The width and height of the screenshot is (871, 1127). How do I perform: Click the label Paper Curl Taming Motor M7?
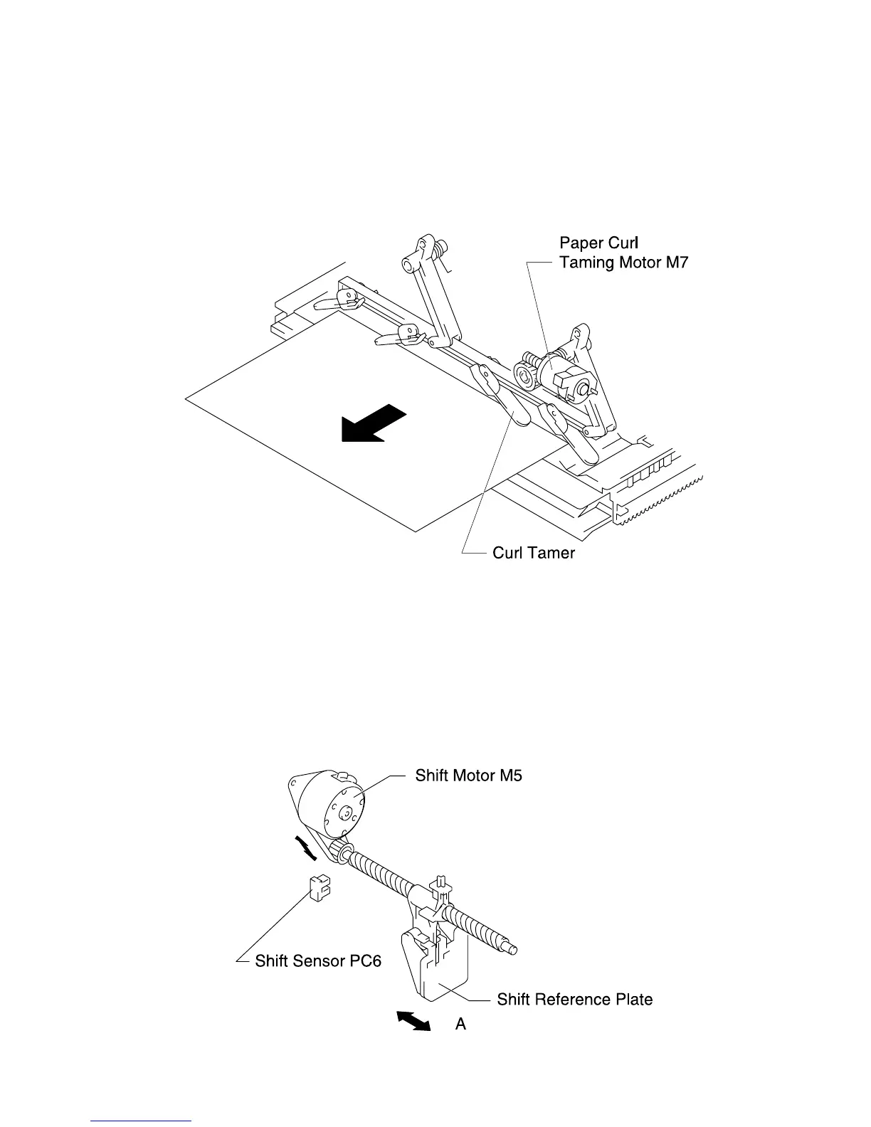pyautogui.click(x=623, y=253)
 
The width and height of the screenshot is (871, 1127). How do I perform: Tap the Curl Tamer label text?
pyautogui.click(x=533, y=553)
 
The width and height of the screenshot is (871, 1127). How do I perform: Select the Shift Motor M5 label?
pyautogui.click(x=468, y=776)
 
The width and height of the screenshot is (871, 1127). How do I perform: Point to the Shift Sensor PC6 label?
pyautogui.click(x=318, y=961)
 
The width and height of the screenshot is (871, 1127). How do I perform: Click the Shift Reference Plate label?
pyautogui.click(x=574, y=1000)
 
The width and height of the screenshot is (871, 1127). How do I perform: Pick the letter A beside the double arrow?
pyautogui.click(x=461, y=1025)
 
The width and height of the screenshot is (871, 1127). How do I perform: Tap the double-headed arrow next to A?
pyautogui.click(x=413, y=1022)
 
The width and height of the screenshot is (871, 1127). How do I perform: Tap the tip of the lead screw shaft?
pyautogui.click(x=512, y=948)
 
